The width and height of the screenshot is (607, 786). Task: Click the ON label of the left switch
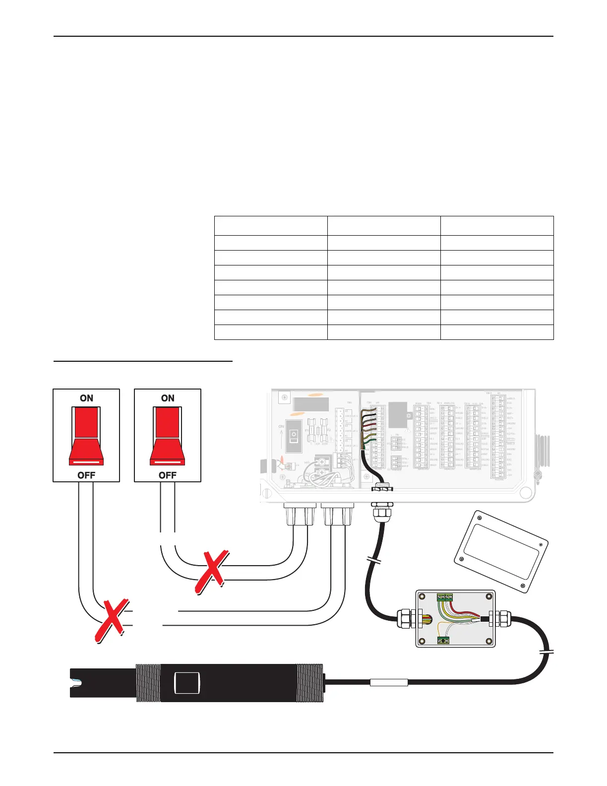point(86,398)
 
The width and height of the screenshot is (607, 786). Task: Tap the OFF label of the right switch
point(168,475)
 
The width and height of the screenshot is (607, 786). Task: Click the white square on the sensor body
point(187,683)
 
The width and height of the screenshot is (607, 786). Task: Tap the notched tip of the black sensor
point(74,683)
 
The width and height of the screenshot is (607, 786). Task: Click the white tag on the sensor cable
point(389,683)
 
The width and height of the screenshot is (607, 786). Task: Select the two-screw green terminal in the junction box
point(443,641)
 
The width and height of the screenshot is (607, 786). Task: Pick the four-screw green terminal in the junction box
point(444,597)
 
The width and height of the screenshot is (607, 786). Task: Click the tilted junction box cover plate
point(501,551)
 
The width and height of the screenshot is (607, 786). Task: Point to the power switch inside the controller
point(294,436)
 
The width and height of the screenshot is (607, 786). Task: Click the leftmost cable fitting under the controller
point(300,514)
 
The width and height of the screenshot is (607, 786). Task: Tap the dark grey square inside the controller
point(398,415)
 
